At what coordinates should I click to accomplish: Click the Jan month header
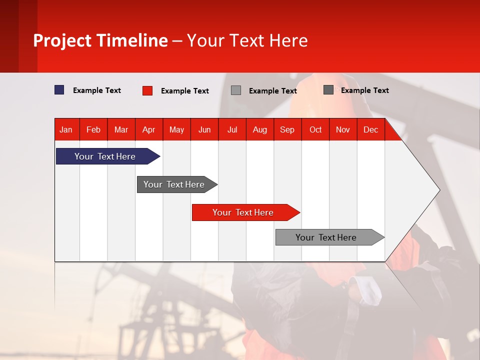point(66,129)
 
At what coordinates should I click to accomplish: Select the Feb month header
point(93,129)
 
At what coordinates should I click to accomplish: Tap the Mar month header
point(121,129)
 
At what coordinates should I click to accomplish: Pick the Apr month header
point(149,129)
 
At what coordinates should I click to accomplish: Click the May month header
point(176,129)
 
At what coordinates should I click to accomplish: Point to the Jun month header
point(204,129)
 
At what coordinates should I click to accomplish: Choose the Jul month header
point(232,129)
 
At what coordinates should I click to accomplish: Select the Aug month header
point(260,129)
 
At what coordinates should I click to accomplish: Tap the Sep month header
point(287,129)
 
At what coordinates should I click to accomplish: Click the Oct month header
point(315,129)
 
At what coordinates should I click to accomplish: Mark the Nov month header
point(343,129)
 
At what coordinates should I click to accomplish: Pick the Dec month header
point(371,129)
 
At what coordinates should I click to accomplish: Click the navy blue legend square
point(59,90)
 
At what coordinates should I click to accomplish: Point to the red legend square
point(147,90)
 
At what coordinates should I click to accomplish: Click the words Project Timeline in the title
point(100,40)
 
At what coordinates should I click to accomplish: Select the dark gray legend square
point(328,90)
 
